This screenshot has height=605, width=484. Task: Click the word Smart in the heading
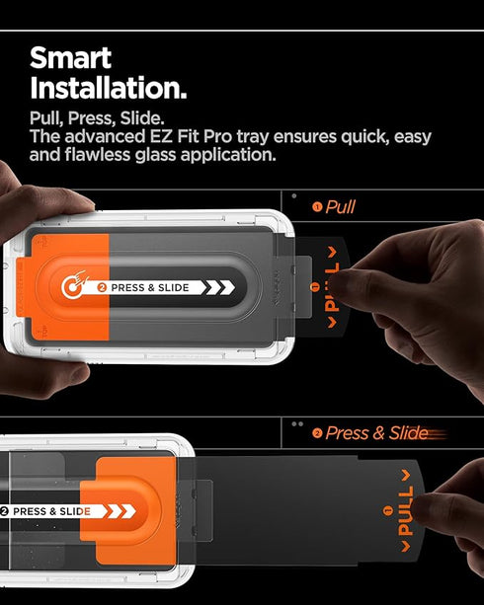[70, 56]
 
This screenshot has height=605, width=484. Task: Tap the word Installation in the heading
[108, 88]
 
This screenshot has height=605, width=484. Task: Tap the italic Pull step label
[340, 207]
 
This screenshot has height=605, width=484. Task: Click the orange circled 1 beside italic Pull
[317, 207]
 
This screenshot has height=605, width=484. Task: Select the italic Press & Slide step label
[376, 433]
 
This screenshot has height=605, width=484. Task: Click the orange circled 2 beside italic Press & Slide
[317, 433]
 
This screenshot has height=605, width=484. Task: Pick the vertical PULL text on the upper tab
[332, 287]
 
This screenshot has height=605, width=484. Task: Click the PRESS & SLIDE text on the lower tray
[51, 511]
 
